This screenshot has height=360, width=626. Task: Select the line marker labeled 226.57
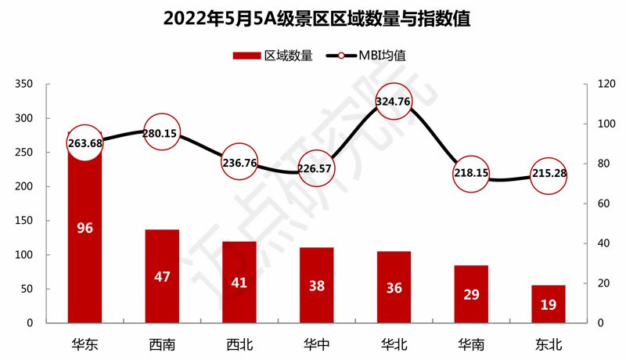click(316, 167)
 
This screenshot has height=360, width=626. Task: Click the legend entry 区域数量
click(274, 56)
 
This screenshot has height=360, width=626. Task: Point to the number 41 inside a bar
click(239, 283)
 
